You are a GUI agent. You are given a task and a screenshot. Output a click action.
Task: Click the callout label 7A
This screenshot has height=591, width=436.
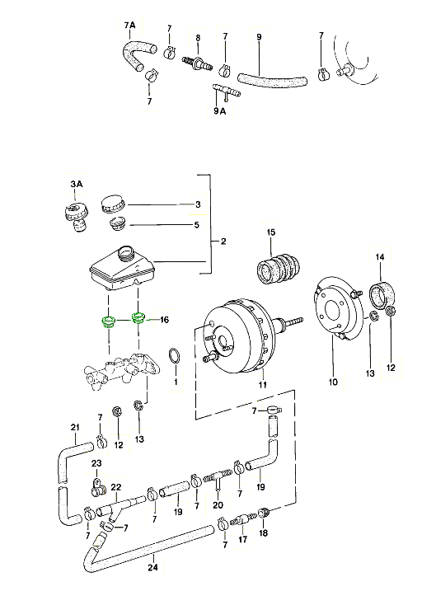tap(129, 26)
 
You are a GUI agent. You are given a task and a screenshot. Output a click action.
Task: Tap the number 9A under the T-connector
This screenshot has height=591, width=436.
tap(220, 111)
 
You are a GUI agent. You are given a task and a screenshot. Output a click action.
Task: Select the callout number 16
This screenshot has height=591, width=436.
tap(164, 320)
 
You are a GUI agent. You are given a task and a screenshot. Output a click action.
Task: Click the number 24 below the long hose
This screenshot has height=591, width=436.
tap(152, 567)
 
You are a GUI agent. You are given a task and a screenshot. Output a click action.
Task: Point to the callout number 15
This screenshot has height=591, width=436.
tap(271, 232)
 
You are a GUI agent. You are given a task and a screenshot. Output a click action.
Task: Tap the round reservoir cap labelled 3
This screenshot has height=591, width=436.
tap(113, 204)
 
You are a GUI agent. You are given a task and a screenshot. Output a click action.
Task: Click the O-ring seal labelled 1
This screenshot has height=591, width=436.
tap(174, 357)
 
